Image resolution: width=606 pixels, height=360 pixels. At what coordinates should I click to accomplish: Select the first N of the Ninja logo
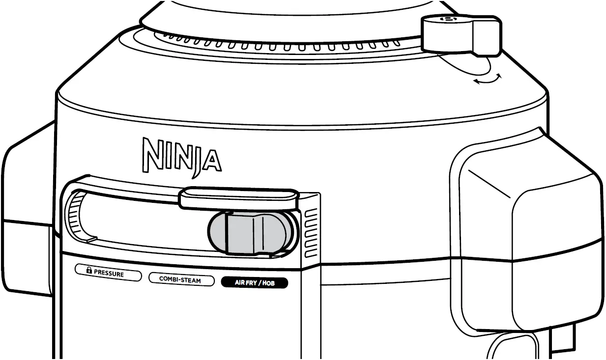point(152,153)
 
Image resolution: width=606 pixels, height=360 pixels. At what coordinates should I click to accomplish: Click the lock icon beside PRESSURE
point(89,270)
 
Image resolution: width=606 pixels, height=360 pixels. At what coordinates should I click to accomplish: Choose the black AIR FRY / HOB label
point(254,282)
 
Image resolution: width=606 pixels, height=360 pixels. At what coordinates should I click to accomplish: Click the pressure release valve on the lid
point(461,35)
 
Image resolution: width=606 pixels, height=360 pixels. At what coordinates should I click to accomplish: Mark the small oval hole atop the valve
point(448,19)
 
